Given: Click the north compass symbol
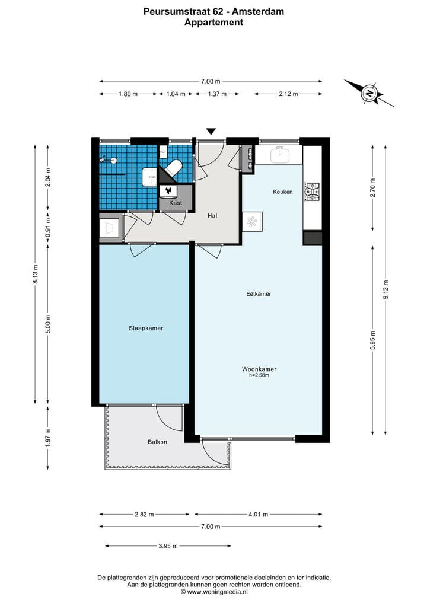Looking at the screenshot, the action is click(x=369, y=93).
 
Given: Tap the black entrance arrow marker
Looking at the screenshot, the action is click(x=211, y=131).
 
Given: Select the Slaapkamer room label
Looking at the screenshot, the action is click(x=146, y=328).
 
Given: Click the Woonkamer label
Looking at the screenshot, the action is click(x=259, y=369).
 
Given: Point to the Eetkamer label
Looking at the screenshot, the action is click(x=259, y=294).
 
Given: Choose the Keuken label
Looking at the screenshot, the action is click(x=283, y=192).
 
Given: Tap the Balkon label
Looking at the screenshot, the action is click(x=157, y=442).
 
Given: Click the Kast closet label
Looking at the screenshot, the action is click(x=176, y=203).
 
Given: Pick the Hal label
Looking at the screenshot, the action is click(x=212, y=216).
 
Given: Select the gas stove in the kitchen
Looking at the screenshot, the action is click(x=311, y=192).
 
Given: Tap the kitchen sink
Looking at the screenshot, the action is click(x=280, y=155).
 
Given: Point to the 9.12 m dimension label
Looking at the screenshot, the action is click(x=386, y=290).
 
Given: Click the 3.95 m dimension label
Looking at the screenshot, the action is click(x=168, y=546).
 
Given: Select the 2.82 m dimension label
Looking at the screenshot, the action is click(x=144, y=515).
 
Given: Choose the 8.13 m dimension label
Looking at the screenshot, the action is click(x=36, y=275).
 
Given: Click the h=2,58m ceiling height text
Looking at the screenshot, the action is click(x=259, y=375).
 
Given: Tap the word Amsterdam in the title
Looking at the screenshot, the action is click(x=258, y=12).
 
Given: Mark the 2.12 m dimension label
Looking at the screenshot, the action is click(x=288, y=94).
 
